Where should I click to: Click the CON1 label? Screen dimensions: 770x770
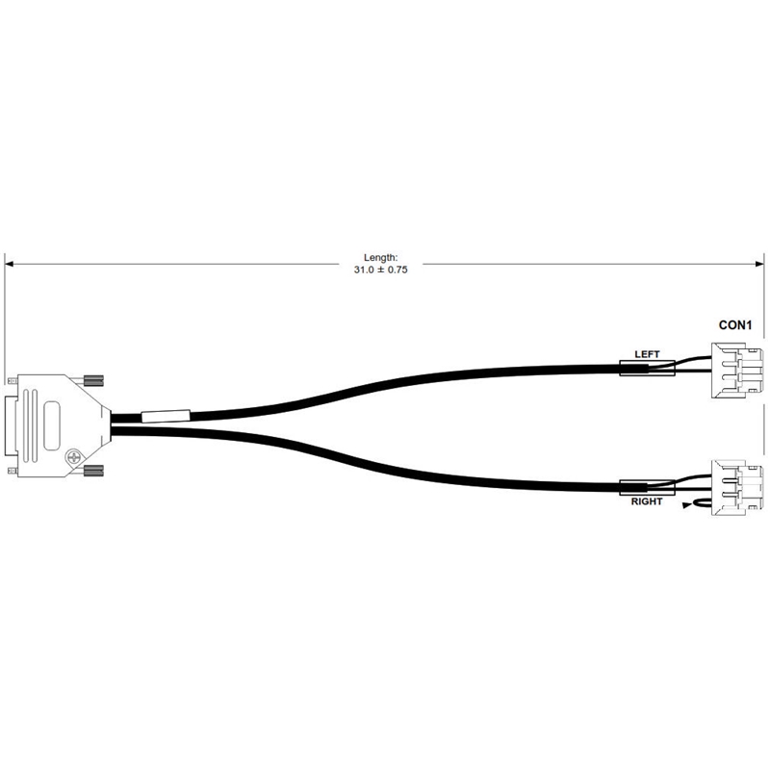735,325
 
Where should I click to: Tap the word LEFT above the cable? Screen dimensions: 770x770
647,354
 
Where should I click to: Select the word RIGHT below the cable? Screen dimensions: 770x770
647,501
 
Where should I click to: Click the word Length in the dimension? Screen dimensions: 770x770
380,257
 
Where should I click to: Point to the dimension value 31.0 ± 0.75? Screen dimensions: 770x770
380,269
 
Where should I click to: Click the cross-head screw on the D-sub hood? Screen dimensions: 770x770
74,457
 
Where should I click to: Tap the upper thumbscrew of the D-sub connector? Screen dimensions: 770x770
93,379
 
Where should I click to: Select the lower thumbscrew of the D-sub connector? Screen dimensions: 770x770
93,473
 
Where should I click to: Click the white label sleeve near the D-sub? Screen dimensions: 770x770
166,417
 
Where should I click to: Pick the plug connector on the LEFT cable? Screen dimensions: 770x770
737,371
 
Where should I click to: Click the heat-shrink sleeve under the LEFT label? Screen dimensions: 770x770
647,369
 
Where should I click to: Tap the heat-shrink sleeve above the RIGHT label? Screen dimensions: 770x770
647,488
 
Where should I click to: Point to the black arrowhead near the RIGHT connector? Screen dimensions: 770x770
687,505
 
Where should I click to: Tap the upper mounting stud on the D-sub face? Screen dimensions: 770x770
13,380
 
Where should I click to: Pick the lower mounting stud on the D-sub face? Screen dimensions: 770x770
13,472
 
